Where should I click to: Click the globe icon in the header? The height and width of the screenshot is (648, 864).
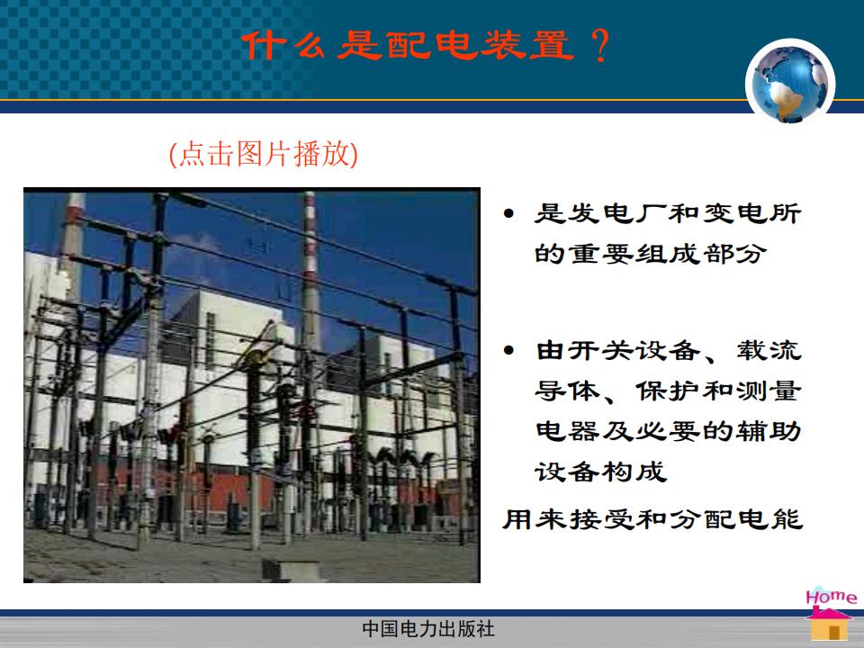point(790,83)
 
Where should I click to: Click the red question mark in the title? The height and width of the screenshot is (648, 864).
point(600,45)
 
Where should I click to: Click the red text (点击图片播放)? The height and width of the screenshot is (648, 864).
point(264,154)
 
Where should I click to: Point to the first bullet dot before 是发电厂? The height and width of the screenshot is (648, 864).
point(508,213)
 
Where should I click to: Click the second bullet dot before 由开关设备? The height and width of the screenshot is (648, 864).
point(508,350)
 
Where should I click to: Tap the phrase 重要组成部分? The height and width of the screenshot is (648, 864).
point(668,254)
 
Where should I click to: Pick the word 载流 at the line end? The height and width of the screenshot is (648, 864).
point(769,350)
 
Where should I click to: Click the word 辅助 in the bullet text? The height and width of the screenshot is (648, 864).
point(769,431)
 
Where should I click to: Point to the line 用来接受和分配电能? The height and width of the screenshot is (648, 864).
point(652,519)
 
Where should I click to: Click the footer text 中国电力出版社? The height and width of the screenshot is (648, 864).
point(428,629)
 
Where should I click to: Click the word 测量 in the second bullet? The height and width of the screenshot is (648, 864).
point(769,391)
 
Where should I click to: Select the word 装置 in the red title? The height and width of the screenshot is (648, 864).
point(527,45)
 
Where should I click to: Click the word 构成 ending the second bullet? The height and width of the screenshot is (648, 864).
point(634,472)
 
